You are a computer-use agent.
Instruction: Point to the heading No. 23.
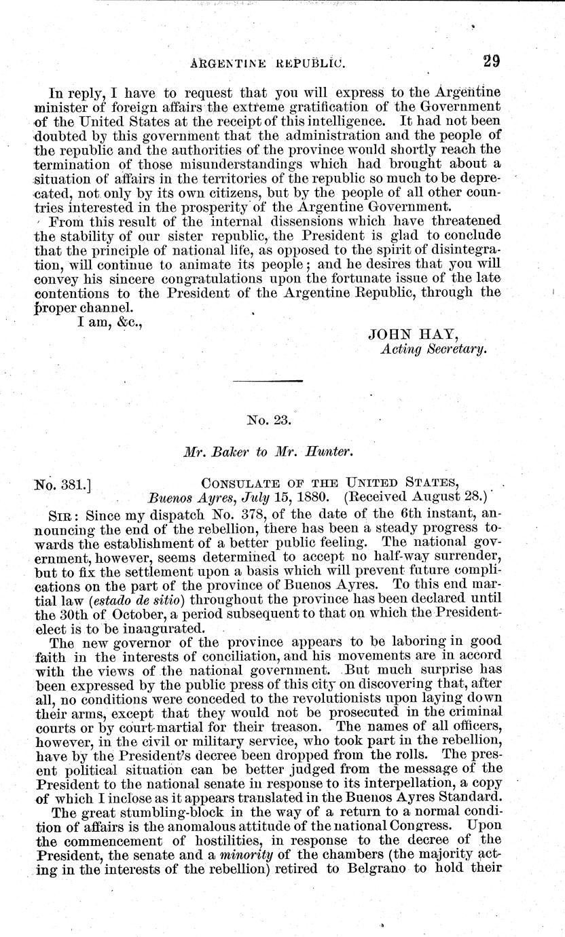click(x=270, y=420)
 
